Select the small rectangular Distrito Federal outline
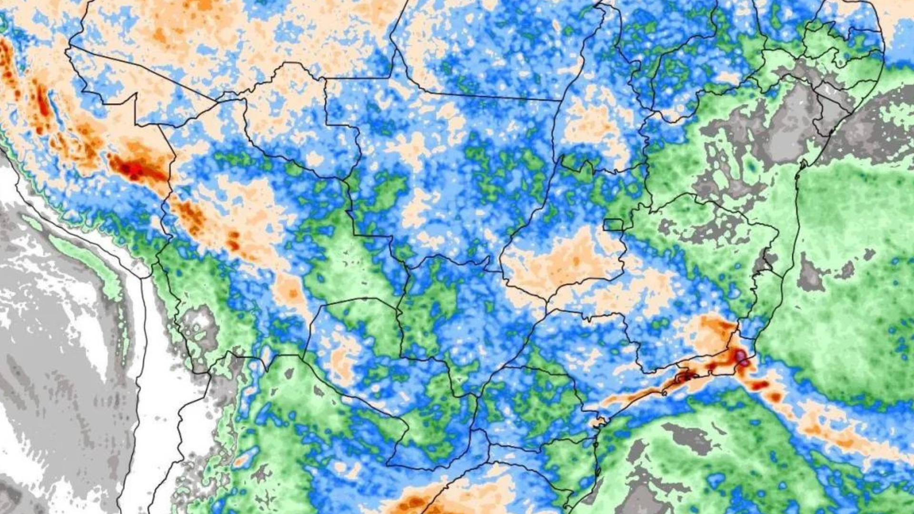[x=614, y=225]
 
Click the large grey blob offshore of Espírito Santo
[x=811, y=276]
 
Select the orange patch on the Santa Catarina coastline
[x=597, y=422]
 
